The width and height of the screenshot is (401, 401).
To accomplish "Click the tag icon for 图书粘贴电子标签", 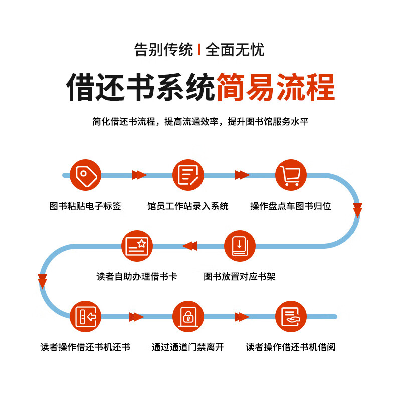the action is (86, 175).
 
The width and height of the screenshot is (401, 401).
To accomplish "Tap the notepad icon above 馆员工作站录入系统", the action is (188, 175).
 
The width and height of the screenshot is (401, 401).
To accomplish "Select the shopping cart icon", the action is (291, 175).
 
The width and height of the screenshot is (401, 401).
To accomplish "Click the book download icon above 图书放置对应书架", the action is (240, 246).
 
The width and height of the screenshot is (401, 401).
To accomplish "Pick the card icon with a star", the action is (137, 246).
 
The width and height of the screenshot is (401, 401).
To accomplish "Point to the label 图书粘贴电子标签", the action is (85, 206).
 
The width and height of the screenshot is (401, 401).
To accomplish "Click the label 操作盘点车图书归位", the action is (291, 206).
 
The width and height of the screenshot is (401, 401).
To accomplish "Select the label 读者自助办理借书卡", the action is (137, 277).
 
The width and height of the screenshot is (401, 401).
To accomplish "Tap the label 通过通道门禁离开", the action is (188, 347).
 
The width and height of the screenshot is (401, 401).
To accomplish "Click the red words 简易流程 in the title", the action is (275, 87).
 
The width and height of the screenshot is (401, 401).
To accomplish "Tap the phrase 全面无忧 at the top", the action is (235, 50).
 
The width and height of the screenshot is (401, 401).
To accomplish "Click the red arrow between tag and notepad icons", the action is (139, 175).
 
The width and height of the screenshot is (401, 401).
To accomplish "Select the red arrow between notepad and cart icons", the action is (242, 175).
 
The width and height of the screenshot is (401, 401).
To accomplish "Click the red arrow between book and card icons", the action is (189, 246).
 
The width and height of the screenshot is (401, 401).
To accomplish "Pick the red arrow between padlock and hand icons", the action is (242, 317).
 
